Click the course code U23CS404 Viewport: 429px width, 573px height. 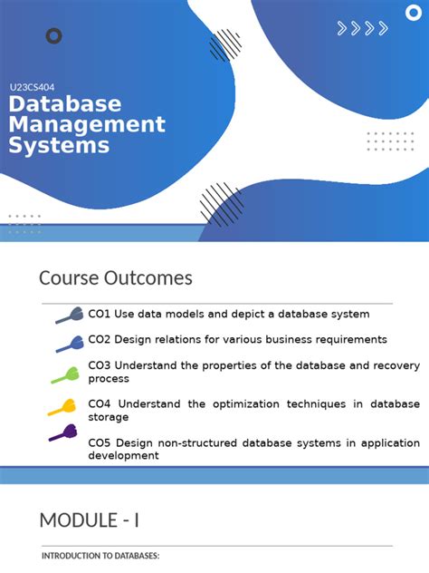tap(32, 88)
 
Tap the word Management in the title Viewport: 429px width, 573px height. tap(87, 124)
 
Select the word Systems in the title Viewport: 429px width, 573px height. tap(59, 145)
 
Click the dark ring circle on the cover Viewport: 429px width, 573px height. tap(53, 36)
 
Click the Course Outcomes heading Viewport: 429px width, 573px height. tap(115, 277)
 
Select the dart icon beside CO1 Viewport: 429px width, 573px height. tap(69, 316)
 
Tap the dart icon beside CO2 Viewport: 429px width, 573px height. tap(69, 343)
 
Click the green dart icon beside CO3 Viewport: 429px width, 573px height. tap(64, 374)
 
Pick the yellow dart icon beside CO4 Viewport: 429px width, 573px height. tap(62, 407)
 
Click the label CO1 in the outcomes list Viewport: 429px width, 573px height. tap(99, 315)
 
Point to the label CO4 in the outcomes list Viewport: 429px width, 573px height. tap(99, 404)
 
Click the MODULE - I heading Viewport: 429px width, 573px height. tap(89, 520)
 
